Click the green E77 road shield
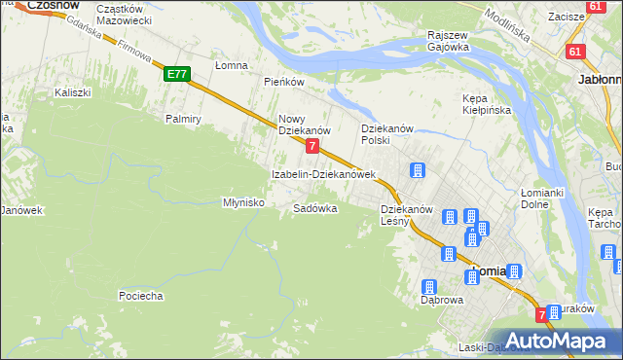[x=176, y=73]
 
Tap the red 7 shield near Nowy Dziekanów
[x=311, y=146]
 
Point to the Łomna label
[x=233, y=65]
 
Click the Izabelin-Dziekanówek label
[x=323, y=175]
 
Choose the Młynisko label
[x=244, y=202]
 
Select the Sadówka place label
[x=315, y=208]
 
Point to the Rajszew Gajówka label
[x=448, y=40]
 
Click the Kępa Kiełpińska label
[x=487, y=104]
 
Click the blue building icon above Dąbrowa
[x=428, y=287]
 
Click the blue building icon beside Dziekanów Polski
[x=417, y=171]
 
